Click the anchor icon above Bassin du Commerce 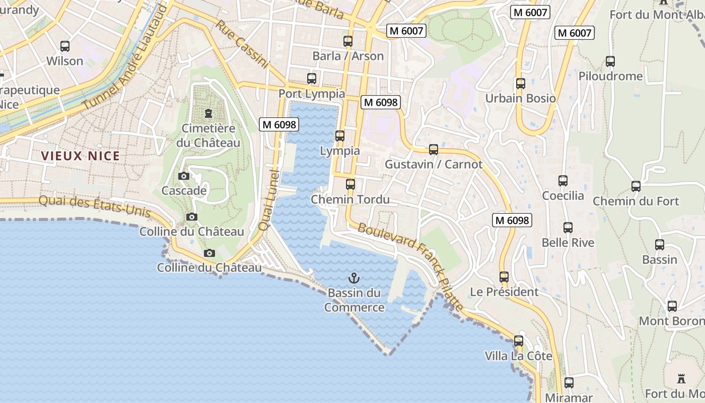pyautogui.click(x=354, y=278)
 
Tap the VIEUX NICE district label pyautogui.click(x=81, y=156)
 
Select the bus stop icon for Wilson pyautogui.click(x=65, y=46)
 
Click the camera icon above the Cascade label pyautogui.click(x=184, y=176)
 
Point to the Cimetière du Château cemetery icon pyautogui.click(x=208, y=113)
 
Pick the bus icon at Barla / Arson pyautogui.click(x=348, y=41)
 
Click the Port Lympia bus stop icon pyautogui.click(x=312, y=79)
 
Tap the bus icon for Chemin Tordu pyautogui.click(x=350, y=184)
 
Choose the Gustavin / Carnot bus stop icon pyautogui.click(x=434, y=150)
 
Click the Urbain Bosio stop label pyautogui.click(x=520, y=98)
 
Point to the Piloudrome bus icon pyautogui.click(x=610, y=61)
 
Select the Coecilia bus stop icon pyautogui.click(x=563, y=181)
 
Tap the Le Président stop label pyautogui.click(x=504, y=292)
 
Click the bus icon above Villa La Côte pyautogui.click(x=519, y=341)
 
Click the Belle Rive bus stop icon pyautogui.click(x=568, y=228)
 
